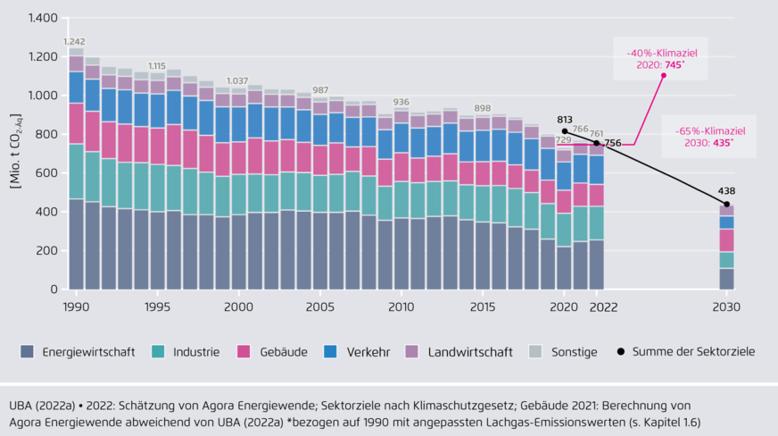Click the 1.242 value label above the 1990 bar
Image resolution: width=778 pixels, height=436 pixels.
click(75, 42)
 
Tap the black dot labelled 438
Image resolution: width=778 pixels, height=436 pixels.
click(727, 205)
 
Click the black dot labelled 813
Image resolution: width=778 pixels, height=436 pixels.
click(565, 131)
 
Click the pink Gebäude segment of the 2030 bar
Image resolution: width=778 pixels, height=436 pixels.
click(727, 239)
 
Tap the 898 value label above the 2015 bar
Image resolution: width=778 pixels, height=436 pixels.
click(483, 108)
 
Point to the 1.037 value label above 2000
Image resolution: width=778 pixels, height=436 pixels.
click(238, 81)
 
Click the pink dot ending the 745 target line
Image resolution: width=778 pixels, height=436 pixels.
click(663, 75)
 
